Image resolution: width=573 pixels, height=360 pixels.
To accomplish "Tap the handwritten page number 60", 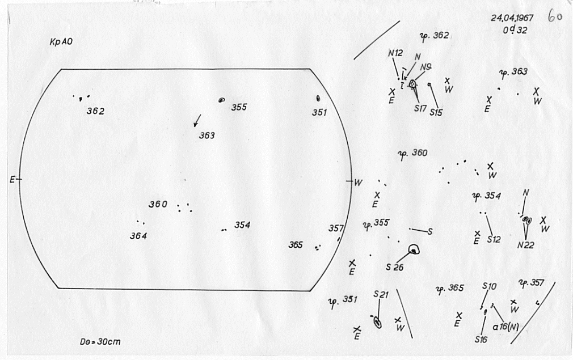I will [554, 16].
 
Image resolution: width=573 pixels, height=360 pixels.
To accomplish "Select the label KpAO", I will [60, 43].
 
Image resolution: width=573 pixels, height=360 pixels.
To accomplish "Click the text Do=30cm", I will [100, 342].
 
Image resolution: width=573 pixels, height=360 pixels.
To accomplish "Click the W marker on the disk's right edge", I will [358, 182].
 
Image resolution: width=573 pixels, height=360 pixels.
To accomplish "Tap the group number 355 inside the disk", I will [239, 107].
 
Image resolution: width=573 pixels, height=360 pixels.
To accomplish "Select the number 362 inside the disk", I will [95, 111].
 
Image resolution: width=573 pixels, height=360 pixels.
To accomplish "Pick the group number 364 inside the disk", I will [138, 236].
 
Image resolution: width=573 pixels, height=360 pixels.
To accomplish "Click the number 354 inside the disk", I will [242, 225].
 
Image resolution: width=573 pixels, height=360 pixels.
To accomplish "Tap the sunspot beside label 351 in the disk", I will [318, 98].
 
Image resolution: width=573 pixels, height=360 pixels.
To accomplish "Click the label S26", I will [394, 267].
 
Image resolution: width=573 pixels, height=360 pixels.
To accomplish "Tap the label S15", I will [436, 112].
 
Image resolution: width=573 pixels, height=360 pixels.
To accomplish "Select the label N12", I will [395, 53].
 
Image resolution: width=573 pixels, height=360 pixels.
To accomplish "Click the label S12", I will [494, 239].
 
